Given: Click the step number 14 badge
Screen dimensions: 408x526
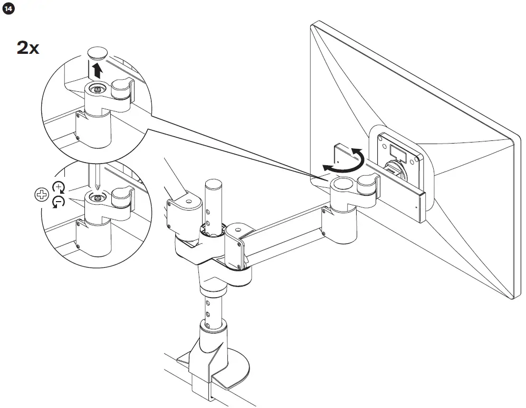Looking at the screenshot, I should pyautogui.click(x=8, y=9).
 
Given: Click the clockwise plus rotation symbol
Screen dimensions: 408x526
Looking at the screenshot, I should pyautogui.click(x=58, y=187).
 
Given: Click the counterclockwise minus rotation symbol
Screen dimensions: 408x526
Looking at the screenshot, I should pyautogui.click(x=59, y=202).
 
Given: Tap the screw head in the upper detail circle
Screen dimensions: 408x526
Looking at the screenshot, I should pyautogui.click(x=97, y=90).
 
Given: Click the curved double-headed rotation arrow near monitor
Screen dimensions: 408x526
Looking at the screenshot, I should pyautogui.click(x=344, y=160).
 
